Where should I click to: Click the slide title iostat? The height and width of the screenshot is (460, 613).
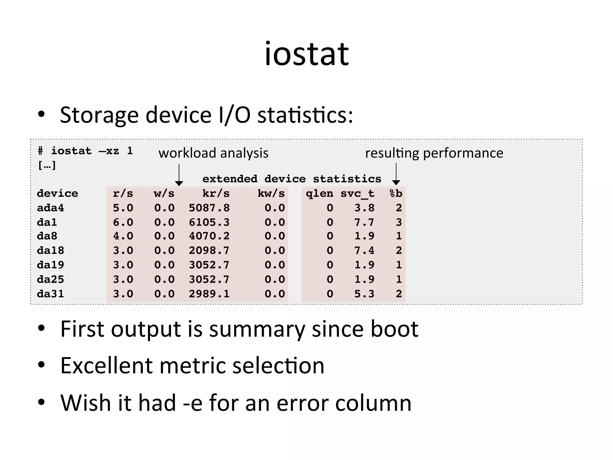tap(306, 55)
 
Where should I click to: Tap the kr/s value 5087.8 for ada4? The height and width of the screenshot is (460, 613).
tap(209, 208)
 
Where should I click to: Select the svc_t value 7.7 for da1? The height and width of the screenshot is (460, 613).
tap(364, 222)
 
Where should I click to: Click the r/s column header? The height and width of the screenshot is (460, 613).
tap(123, 193)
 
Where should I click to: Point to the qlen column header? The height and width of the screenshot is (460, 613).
tap(319, 193)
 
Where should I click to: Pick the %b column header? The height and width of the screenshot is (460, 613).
tap(396, 193)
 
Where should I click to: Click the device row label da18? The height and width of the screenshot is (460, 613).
tap(50, 250)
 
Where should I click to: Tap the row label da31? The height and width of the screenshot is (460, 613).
tap(50, 294)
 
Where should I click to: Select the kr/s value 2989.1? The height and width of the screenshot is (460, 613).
tap(209, 294)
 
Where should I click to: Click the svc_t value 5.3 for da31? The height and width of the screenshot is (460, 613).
tap(364, 294)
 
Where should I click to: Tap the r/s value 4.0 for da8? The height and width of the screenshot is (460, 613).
tap(123, 236)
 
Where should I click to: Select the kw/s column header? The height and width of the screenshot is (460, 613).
tap(271, 193)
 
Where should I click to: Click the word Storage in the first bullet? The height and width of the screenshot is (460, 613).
tap(99, 115)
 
